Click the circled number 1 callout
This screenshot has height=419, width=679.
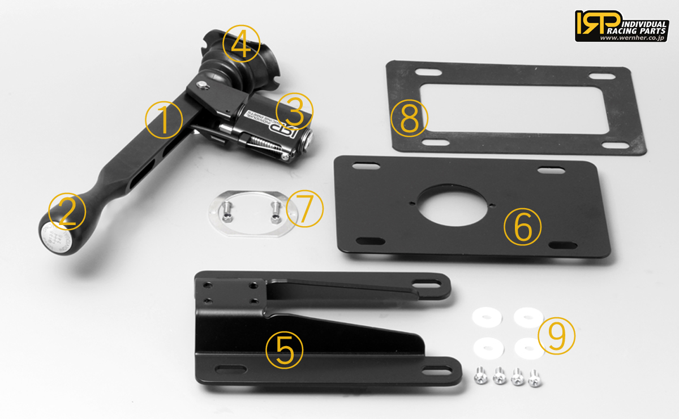pos(164,120)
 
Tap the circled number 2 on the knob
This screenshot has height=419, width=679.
pos(67,211)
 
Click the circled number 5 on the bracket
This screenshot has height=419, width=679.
pos(285,350)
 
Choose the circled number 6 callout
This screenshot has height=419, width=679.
pos(522,227)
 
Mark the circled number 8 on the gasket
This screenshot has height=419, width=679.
pos(410,119)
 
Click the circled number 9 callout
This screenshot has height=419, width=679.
pos(556,336)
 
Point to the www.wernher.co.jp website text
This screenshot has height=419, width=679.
pos(633,38)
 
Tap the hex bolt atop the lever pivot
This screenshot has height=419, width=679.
pos(202,84)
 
